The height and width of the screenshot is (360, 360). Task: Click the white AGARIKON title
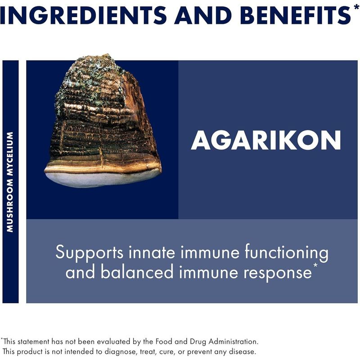[x=266, y=140]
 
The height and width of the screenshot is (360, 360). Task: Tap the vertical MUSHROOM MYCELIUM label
[x=10, y=182]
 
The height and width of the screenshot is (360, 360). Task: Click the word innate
[x=152, y=252]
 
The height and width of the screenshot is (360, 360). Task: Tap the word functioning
[x=286, y=252]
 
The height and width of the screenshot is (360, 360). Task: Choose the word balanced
[x=137, y=272]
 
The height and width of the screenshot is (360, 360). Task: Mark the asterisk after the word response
[x=315, y=265]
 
